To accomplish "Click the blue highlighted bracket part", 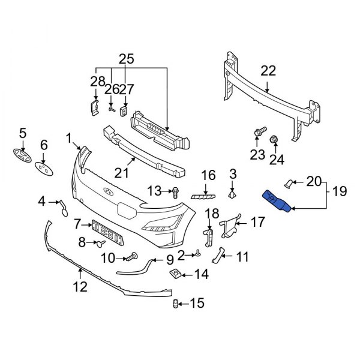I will [x=277, y=202].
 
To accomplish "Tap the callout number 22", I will [x=268, y=71].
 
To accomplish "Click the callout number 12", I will [x=80, y=287].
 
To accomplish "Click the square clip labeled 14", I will [x=175, y=275].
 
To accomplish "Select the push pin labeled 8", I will [x=100, y=244].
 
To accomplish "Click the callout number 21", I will [x=122, y=173].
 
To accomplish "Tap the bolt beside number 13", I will [x=175, y=191].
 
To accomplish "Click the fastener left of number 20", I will [x=289, y=182].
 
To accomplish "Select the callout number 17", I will [x=257, y=223].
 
